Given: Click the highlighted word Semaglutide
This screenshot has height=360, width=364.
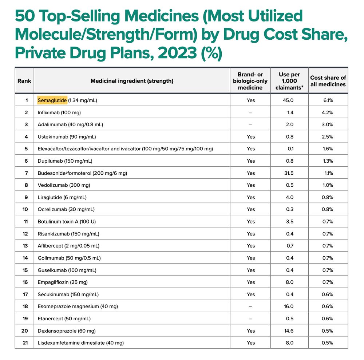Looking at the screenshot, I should click(x=52, y=100).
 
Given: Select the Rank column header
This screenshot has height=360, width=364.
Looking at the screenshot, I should click(x=24, y=81).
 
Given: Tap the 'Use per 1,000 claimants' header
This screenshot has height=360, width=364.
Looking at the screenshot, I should click(x=289, y=81).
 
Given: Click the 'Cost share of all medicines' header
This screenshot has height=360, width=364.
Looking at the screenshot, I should click(x=328, y=81).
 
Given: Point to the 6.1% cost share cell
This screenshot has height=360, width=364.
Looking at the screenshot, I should click(x=328, y=100).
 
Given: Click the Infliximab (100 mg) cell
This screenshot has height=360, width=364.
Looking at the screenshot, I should click(x=59, y=112).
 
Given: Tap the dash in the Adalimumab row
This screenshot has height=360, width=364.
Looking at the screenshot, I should click(x=250, y=124).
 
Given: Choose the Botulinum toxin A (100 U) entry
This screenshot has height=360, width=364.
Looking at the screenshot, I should click(x=67, y=221).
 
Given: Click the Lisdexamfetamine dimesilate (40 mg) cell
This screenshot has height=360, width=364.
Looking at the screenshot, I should click(x=80, y=343).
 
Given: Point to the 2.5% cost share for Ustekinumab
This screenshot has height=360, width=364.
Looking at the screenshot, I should click(x=328, y=137).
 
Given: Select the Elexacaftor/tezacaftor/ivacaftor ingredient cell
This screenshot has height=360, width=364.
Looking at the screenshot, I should click(x=125, y=149).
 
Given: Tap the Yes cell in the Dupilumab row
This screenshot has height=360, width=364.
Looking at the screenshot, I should click(x=250, y=161).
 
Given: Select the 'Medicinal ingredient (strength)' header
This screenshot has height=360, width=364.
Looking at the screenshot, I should click(x=132, y=81).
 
